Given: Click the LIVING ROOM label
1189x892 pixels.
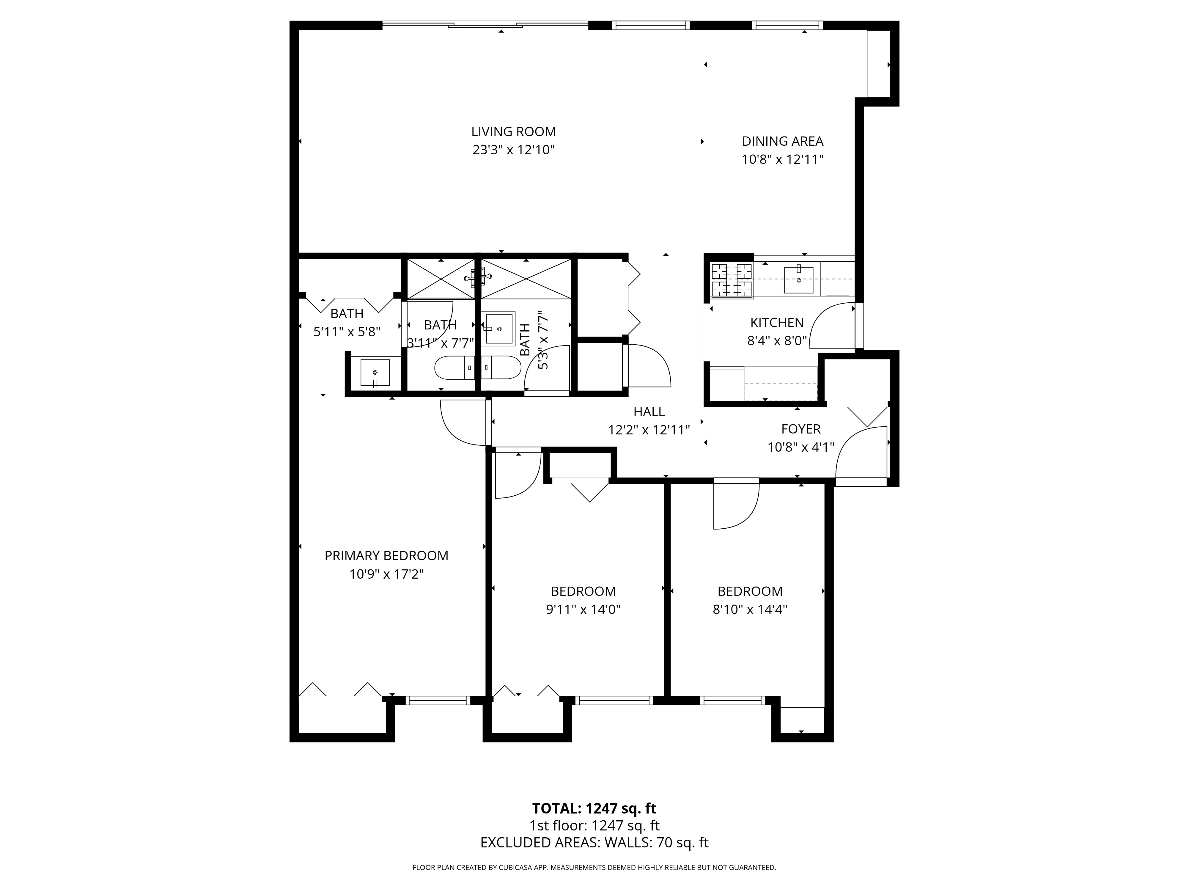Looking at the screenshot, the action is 513,132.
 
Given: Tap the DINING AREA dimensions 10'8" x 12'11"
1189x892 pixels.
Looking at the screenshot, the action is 783,159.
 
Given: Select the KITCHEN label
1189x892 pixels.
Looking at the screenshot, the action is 777,323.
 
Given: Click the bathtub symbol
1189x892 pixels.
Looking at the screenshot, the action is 477,368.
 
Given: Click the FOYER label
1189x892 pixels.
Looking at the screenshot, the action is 801,429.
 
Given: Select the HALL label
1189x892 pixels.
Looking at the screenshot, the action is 649,412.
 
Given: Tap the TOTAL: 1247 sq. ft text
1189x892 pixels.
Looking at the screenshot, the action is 594,823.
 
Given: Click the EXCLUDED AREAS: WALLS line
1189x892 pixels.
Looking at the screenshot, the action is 594,858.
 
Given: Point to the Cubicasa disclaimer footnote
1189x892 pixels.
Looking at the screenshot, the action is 594,882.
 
